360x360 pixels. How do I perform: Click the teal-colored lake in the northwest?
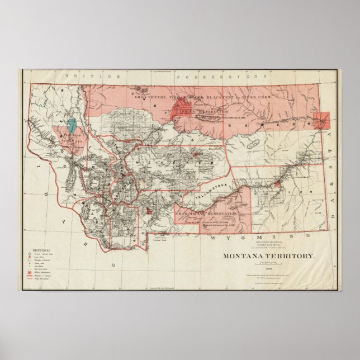click(x=72, y=126)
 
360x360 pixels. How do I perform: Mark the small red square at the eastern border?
click(x=323, y=120)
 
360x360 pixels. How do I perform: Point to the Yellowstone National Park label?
click(x=161, y=238)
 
